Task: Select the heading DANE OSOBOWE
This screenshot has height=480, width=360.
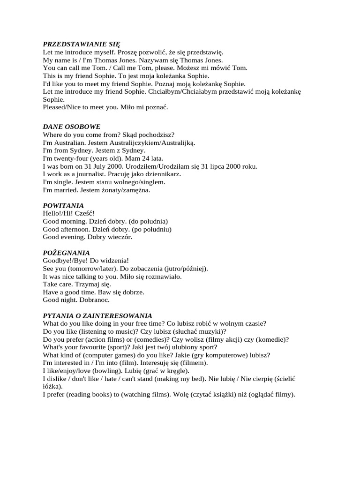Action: (71, 127)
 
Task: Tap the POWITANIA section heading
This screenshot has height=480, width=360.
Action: (63, 205)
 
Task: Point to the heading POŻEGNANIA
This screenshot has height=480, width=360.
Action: (66, 253)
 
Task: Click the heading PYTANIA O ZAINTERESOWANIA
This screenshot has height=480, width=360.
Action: (97, 316)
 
